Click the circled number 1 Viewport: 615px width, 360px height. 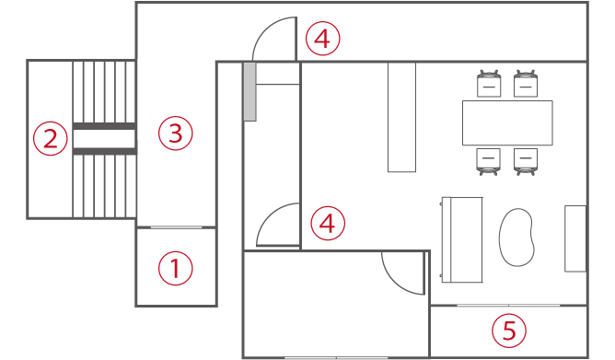point(176,269)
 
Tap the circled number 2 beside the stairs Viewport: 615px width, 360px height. point(51,139)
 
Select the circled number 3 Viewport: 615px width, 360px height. point(175,134)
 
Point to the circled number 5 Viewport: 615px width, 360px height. point(508,329)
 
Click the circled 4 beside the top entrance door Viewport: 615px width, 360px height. point(322,40)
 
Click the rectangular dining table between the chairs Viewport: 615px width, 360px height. point(507,122)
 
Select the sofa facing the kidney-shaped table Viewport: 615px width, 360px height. point(462,239)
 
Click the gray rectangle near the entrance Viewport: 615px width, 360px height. point(249,91)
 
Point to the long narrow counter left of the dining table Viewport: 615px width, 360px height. point(401,117)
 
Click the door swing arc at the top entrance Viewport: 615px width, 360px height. point(273,39)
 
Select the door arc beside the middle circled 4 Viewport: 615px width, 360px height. point(278,226)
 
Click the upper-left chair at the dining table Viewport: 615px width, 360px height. point(489,84)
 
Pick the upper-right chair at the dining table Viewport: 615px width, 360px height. point(526,84)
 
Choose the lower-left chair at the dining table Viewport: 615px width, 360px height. point(489,161)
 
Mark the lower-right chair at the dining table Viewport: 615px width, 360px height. point(526,161)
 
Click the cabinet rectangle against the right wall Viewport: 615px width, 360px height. point(575,238)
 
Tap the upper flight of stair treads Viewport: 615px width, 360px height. point(103,91)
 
